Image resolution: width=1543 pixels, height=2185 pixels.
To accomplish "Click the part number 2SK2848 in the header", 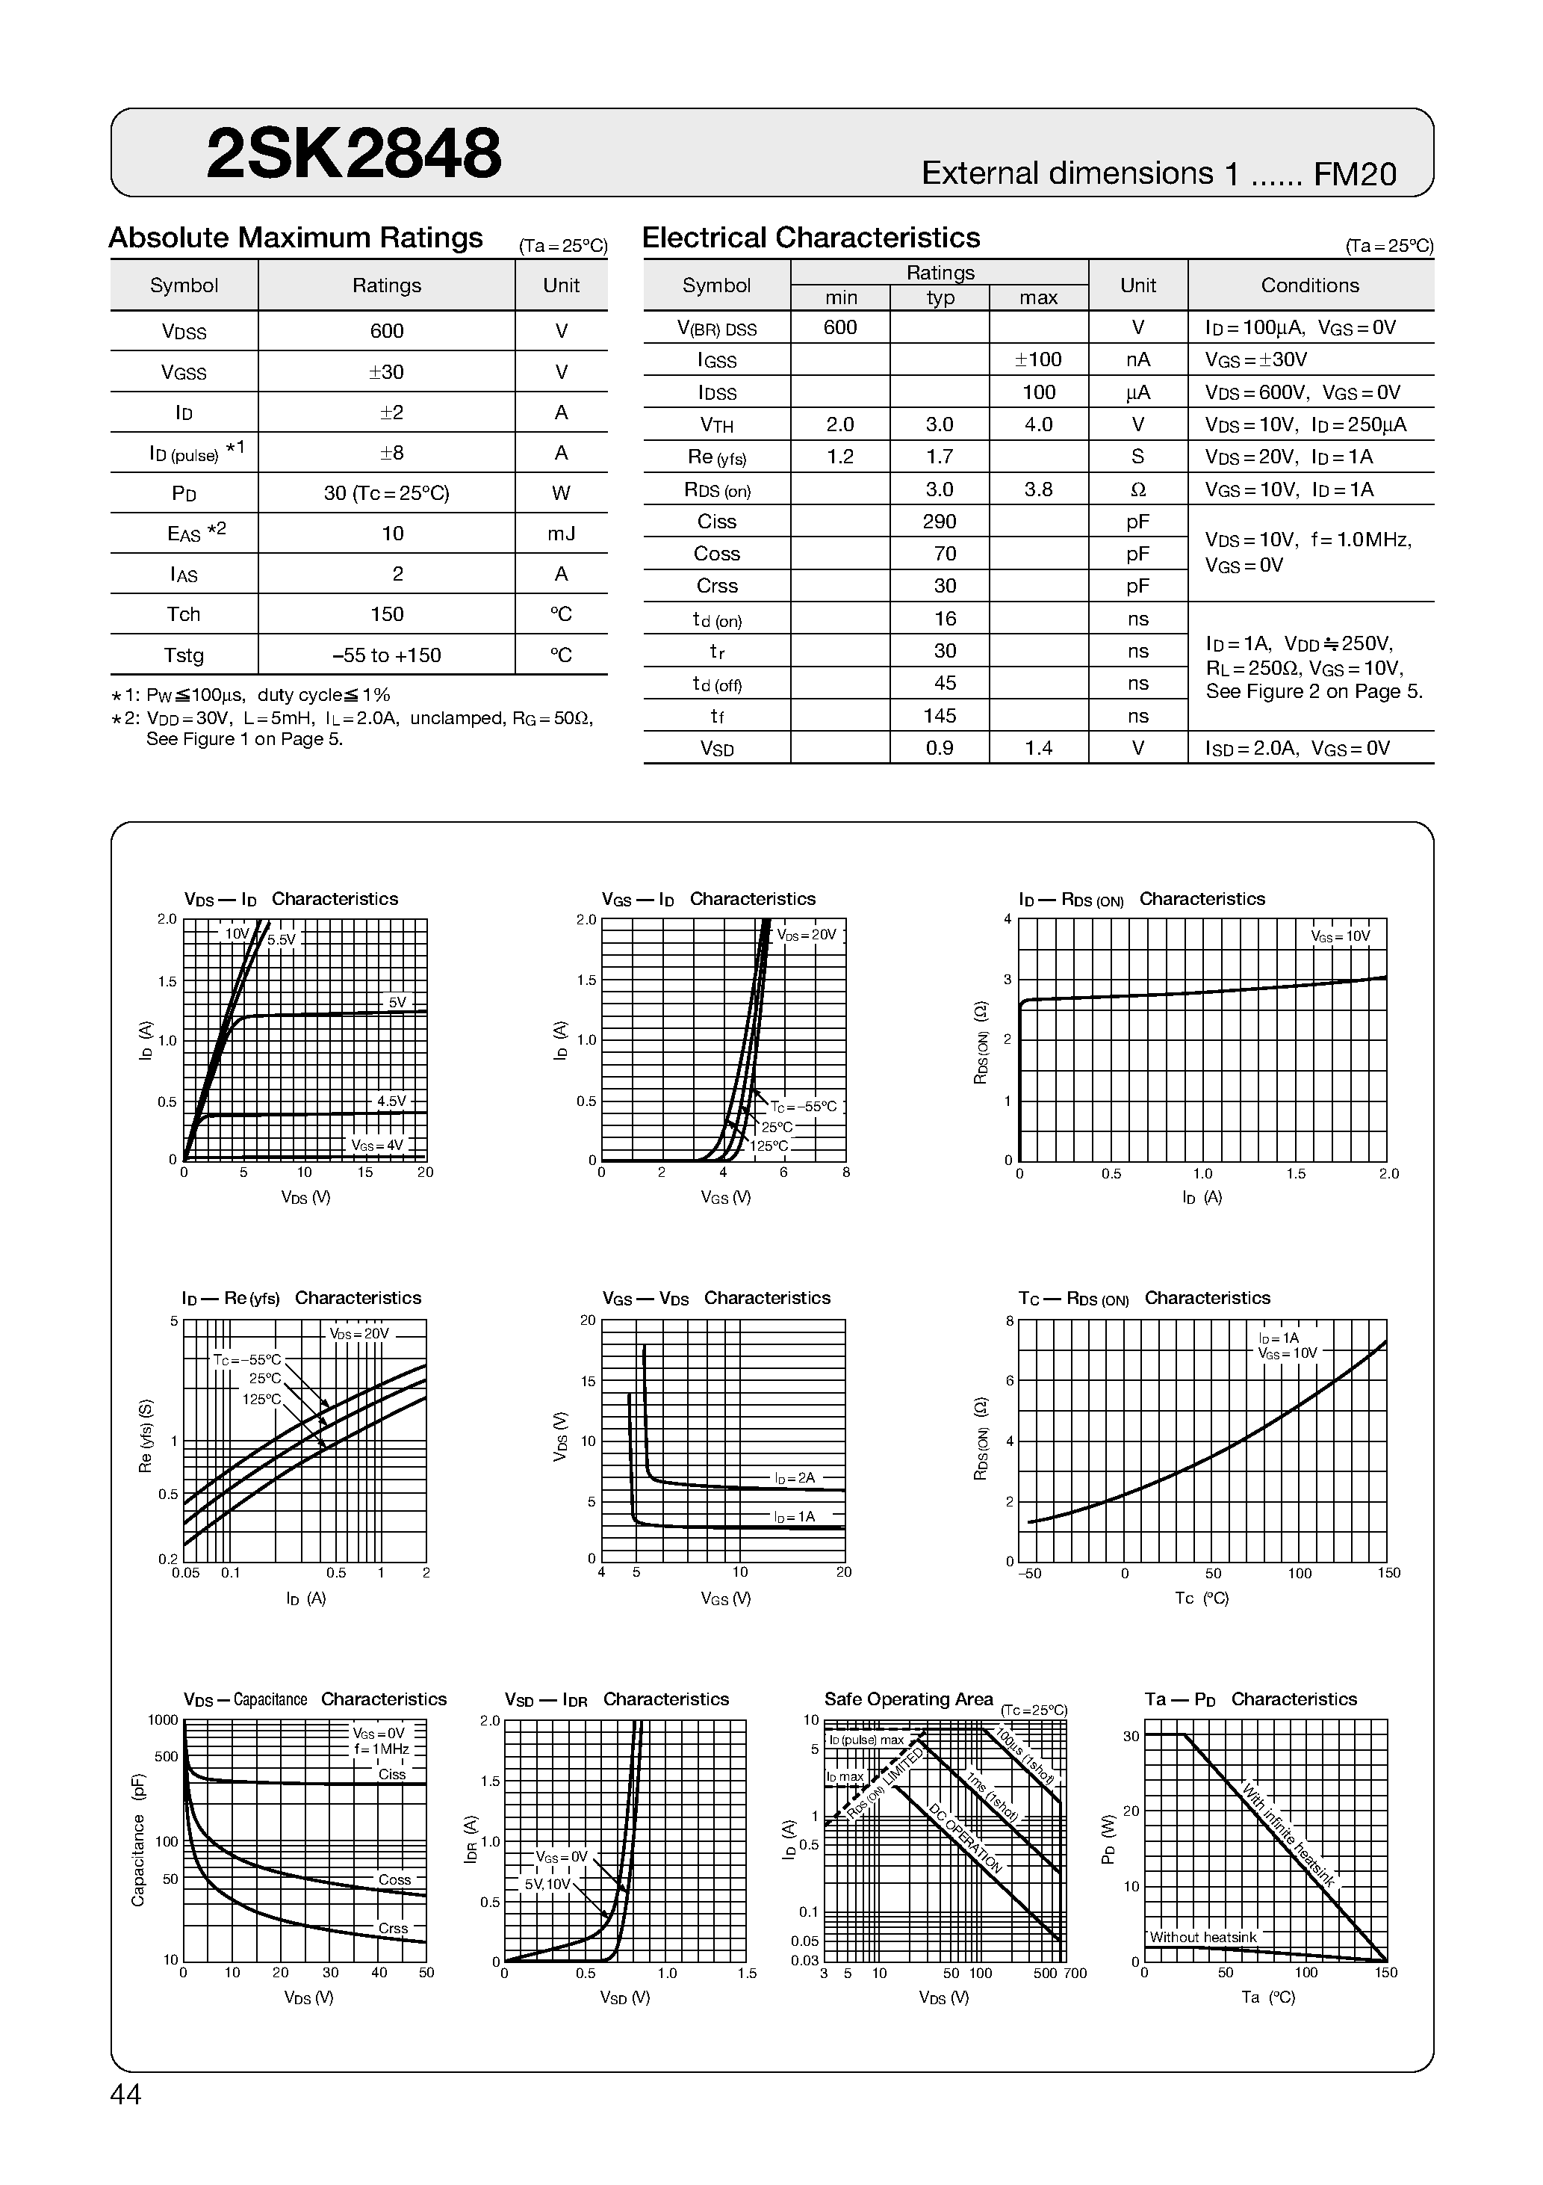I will click(x=353, y=154).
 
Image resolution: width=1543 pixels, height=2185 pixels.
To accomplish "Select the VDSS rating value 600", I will click(x=386, y=331).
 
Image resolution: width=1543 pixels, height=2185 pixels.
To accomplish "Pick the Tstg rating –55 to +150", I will click(x=386, y=655).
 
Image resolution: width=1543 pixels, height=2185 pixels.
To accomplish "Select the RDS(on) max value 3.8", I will click(x=1038, y=489).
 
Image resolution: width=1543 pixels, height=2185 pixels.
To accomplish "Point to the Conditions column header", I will click(x=1309, y=285).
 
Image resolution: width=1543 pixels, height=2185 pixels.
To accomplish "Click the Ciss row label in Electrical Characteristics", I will click(x=716, y=522).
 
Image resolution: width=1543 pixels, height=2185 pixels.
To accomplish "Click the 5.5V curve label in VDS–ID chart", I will click(x=282, y=940).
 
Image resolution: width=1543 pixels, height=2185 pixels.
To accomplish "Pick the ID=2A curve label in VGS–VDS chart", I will click(x=795, y=1478).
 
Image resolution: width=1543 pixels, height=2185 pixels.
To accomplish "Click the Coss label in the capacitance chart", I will click(x=394, y=1879).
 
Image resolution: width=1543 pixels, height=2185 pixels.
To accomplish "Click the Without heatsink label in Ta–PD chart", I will click(x=1202, y=1938).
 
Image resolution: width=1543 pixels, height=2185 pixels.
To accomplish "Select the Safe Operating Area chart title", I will click(x=907, y=1700).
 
